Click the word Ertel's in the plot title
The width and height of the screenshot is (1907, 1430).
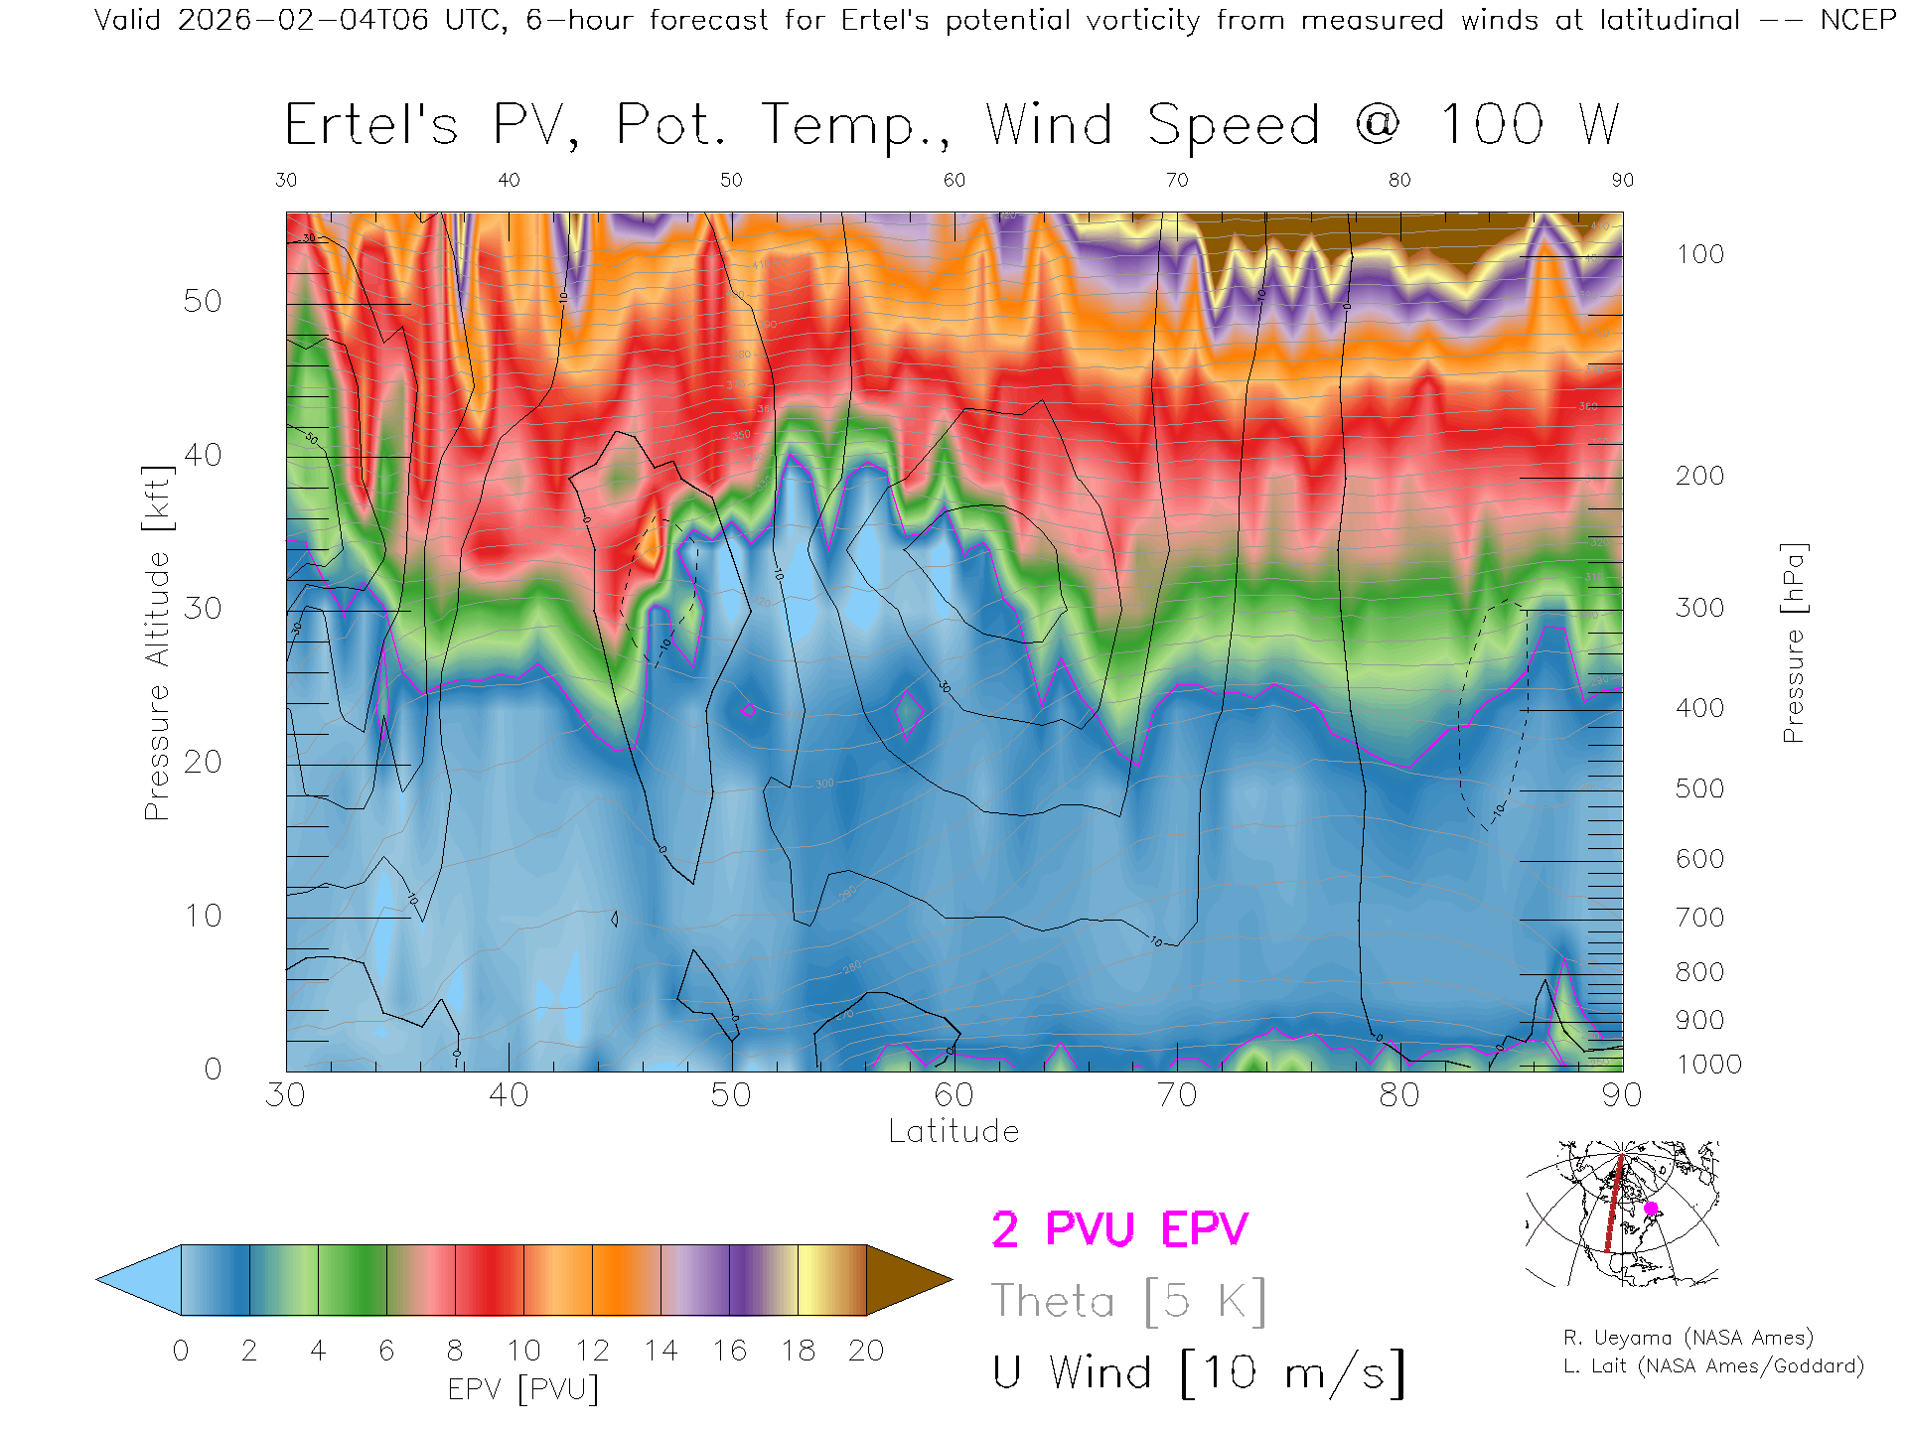pyautogui.click(x=371, y=126)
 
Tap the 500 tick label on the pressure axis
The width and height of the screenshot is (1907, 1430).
pyautogui.click(x=1699, y=788)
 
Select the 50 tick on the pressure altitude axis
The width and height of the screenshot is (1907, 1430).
pyautogui.click(x=203, y=301)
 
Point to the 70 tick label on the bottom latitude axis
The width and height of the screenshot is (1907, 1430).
pyautogui.click(x=1176, y=1094)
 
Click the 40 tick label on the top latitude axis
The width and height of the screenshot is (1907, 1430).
pyautogui.click(x=509, y=180)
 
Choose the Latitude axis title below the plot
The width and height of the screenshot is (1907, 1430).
pyautogui.click(x=953, y=1131)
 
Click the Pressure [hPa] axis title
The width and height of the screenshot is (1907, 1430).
pyautogui.click(x=1793, y=643)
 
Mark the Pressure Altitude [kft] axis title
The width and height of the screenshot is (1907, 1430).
pyautogui.click(x=157, y=643)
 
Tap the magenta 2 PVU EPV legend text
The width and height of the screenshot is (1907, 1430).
pyautogui.click(x=1119, y=1229)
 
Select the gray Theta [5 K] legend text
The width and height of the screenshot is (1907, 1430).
pyautogui.click(x=1128, y=1301)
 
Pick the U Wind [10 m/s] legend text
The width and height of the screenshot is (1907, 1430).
pyautogui.click(x=1198, y=1373)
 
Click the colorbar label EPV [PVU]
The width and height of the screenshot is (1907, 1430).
pyautogui.click(x=523, y=1388)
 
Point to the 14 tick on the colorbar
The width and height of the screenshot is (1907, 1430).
pyautogui.click(x=660, y=1351)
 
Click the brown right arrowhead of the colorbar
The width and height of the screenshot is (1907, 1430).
pyautogui.click(x=906, y=1280)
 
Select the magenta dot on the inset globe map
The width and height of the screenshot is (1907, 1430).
pyautogui.click(x=1651, y=1209)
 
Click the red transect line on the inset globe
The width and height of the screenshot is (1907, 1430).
pyautogui.click(x=1613, y=1207)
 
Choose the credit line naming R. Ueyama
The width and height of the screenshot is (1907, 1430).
pyautogui.click(x=1687, y=1338)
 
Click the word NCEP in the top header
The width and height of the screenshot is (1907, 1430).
pyautogui.click(x=1857, y=20)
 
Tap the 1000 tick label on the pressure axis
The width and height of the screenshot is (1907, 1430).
pyautogui.click(x=1708, y=1065)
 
